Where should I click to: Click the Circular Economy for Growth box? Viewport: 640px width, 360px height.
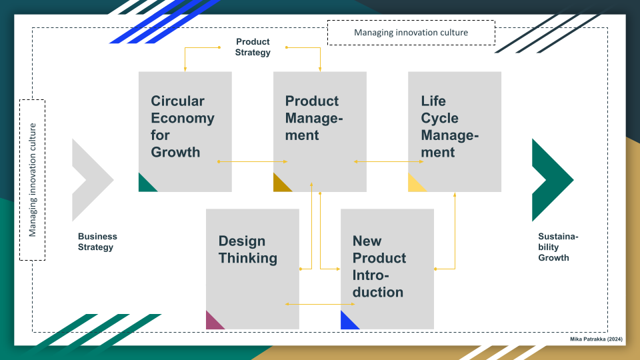tap(185, 132)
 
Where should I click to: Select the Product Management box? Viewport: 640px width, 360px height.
tap(320, 132)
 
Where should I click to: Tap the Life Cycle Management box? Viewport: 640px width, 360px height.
tap(455, 132)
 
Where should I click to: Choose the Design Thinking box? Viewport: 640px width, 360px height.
tap(253, 269)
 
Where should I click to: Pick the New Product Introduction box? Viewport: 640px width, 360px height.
tap(387, 269)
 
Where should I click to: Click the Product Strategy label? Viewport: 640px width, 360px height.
tap(253, 47)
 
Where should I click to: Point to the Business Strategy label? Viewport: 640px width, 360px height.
tap(97, 241)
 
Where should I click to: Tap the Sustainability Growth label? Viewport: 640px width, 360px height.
tap(558, 247)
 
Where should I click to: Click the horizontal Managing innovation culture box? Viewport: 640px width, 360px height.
tap(411, 33)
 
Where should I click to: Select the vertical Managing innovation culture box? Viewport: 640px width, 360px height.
tap(32, 180)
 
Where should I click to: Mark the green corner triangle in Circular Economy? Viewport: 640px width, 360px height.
tap(145, 185)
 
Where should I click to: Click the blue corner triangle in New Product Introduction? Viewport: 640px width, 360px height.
tap(347, 323)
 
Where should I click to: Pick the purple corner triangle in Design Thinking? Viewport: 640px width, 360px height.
tap(213, 323)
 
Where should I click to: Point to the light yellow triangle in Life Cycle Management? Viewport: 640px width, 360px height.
tap(415, 185)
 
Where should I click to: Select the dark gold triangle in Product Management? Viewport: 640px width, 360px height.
tap(280, 185)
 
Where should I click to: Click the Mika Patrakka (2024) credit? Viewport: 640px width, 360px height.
tap(596, 339)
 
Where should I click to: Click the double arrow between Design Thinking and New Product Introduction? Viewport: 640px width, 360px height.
tap(320, 304)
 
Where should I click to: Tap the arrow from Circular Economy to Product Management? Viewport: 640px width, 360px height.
tap(253, 161)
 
